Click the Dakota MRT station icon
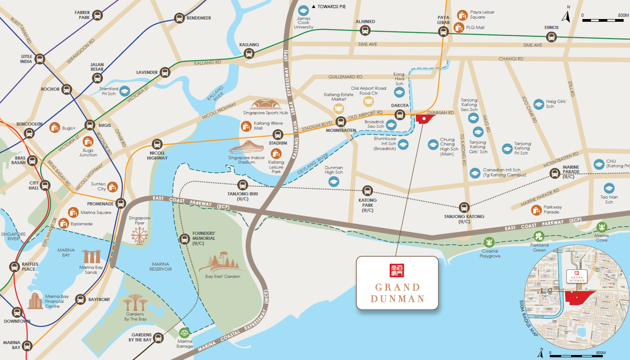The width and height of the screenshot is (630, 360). pos(399,115)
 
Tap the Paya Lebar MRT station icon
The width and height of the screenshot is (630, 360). pos(443,31)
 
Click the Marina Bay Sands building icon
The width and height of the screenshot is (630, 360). pos(91,256)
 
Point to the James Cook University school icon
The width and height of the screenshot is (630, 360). pos(303,10)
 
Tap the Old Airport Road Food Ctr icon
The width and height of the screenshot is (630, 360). pos(368,101)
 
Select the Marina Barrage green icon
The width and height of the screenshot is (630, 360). pos(184,332)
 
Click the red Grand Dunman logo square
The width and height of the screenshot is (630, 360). pos(397,270)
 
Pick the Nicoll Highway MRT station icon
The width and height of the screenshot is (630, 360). pos(157,144)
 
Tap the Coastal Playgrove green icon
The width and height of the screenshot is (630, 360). pos(489,242)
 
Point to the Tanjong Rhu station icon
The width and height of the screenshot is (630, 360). pos(242,185)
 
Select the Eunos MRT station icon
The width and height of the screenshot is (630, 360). pos(551,37)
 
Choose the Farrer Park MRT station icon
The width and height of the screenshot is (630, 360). pos(97,15)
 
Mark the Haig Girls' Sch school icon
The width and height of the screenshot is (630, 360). pos(538,104)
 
